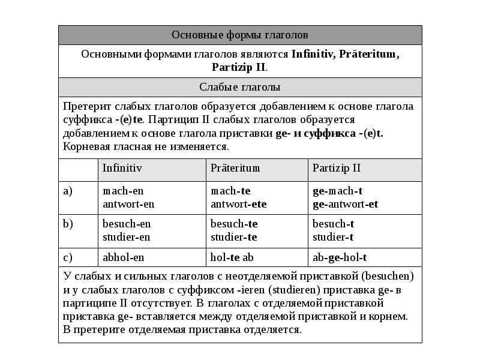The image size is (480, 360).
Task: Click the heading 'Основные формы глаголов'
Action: [240, 35]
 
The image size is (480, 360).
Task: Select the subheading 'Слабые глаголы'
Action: [240, 87]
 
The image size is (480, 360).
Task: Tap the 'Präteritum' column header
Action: [235, 168]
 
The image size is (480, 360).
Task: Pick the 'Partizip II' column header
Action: [337, 168]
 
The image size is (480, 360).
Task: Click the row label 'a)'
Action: [68, 191]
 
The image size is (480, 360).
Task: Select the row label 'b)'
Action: [68, 224]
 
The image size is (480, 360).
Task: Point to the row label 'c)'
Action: [68, 257]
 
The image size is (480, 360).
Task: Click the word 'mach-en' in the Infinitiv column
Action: [123, 191]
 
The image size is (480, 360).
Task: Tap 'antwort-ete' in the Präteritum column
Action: [239, 204]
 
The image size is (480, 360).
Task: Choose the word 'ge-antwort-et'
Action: [346, 204]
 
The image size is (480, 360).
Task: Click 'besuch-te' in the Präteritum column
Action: [234, 224]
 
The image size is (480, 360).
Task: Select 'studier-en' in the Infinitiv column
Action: [127, 237]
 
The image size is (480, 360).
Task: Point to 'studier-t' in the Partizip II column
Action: [333, 237]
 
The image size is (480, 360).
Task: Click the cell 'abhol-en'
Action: [124, 257]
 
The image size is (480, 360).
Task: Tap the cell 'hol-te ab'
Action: [232, 257]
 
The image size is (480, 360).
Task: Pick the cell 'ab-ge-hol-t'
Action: [340, 257]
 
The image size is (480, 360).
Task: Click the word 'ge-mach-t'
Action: [338, 191]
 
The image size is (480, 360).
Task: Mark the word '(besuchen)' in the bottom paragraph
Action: [388, 277]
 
